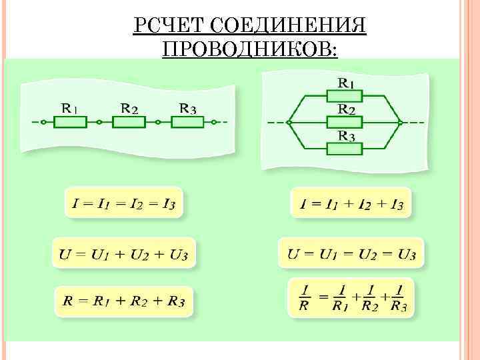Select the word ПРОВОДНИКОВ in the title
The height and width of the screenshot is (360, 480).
point(249,49)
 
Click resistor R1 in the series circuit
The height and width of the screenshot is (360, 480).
point(70,123)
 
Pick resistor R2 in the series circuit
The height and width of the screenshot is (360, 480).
point(129,123)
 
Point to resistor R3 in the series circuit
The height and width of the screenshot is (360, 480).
point(187,123)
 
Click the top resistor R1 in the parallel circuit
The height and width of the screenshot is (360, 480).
point(344,97)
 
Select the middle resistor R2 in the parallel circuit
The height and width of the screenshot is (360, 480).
point(344,122)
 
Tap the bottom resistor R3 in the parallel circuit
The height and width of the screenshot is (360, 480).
point(344,148)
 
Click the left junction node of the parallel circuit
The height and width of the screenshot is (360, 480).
point(289,123)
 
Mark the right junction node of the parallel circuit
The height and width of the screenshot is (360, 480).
point(400,123)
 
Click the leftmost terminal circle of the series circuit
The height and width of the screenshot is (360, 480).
point(41,123)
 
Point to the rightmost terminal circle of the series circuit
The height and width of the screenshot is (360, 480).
point(215,123)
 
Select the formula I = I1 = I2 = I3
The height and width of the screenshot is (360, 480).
point(123,203)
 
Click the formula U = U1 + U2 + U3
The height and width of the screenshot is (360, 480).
point(123,254)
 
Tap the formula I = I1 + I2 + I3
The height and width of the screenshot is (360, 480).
point(351,203)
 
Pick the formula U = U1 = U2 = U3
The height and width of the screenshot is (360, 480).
point(351,254)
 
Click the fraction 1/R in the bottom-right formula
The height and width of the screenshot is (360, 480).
point(304,298)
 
